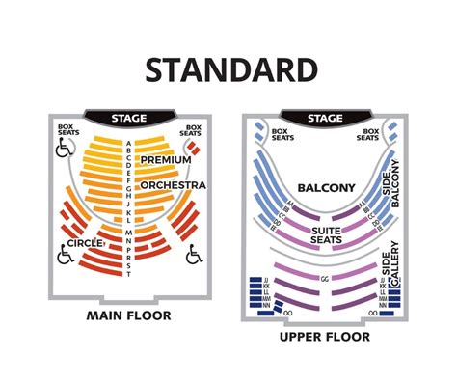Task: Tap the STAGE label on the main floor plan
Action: [x=129, y=118]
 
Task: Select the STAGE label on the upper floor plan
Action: [x=324, y=118]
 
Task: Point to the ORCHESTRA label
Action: [x=173, y=183]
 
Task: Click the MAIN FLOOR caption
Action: [x=130, y=315]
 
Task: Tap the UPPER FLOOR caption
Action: [x=324, y=337]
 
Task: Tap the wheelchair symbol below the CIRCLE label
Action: [x=67, y=257]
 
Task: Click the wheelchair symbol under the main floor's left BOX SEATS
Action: [x=67, y=150]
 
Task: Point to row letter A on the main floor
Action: [x=129, y=143]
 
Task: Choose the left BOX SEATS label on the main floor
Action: [x=67, y=131]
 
